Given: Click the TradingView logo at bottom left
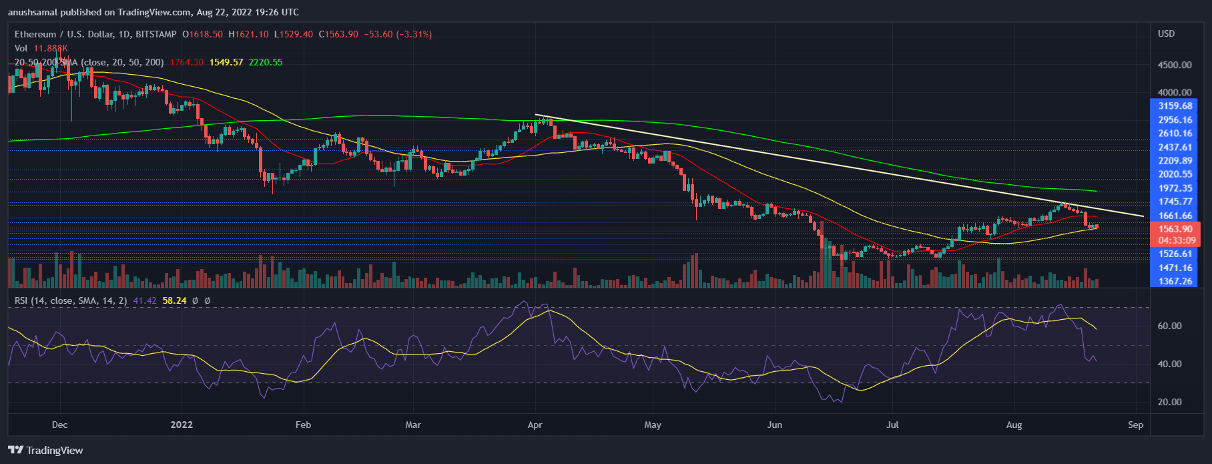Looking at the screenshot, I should pos(45,450).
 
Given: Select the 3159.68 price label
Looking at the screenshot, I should pos(1175,106).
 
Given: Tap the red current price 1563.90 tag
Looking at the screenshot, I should pos(1175,229).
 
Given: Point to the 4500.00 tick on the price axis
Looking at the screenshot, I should pos(1175,65).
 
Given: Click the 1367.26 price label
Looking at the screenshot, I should pos(1175,282).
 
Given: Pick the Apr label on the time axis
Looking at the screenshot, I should pos(535,425).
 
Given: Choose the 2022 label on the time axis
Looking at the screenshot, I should pos(182,425).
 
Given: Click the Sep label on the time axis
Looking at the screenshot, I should pos(1135,425).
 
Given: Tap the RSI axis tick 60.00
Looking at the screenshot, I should pos(1169,326).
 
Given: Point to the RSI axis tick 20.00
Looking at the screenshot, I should pos(1169,402).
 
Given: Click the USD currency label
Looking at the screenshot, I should pos(1166,33).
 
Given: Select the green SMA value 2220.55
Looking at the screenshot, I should pos(266,62).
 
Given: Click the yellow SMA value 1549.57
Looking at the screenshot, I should pos(226,62).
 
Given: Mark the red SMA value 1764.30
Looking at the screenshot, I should pos(186,62).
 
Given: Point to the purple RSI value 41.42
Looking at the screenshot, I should pos(144,300).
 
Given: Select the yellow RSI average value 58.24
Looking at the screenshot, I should pos(174,300).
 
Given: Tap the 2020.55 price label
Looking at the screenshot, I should pos(1175,174).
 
